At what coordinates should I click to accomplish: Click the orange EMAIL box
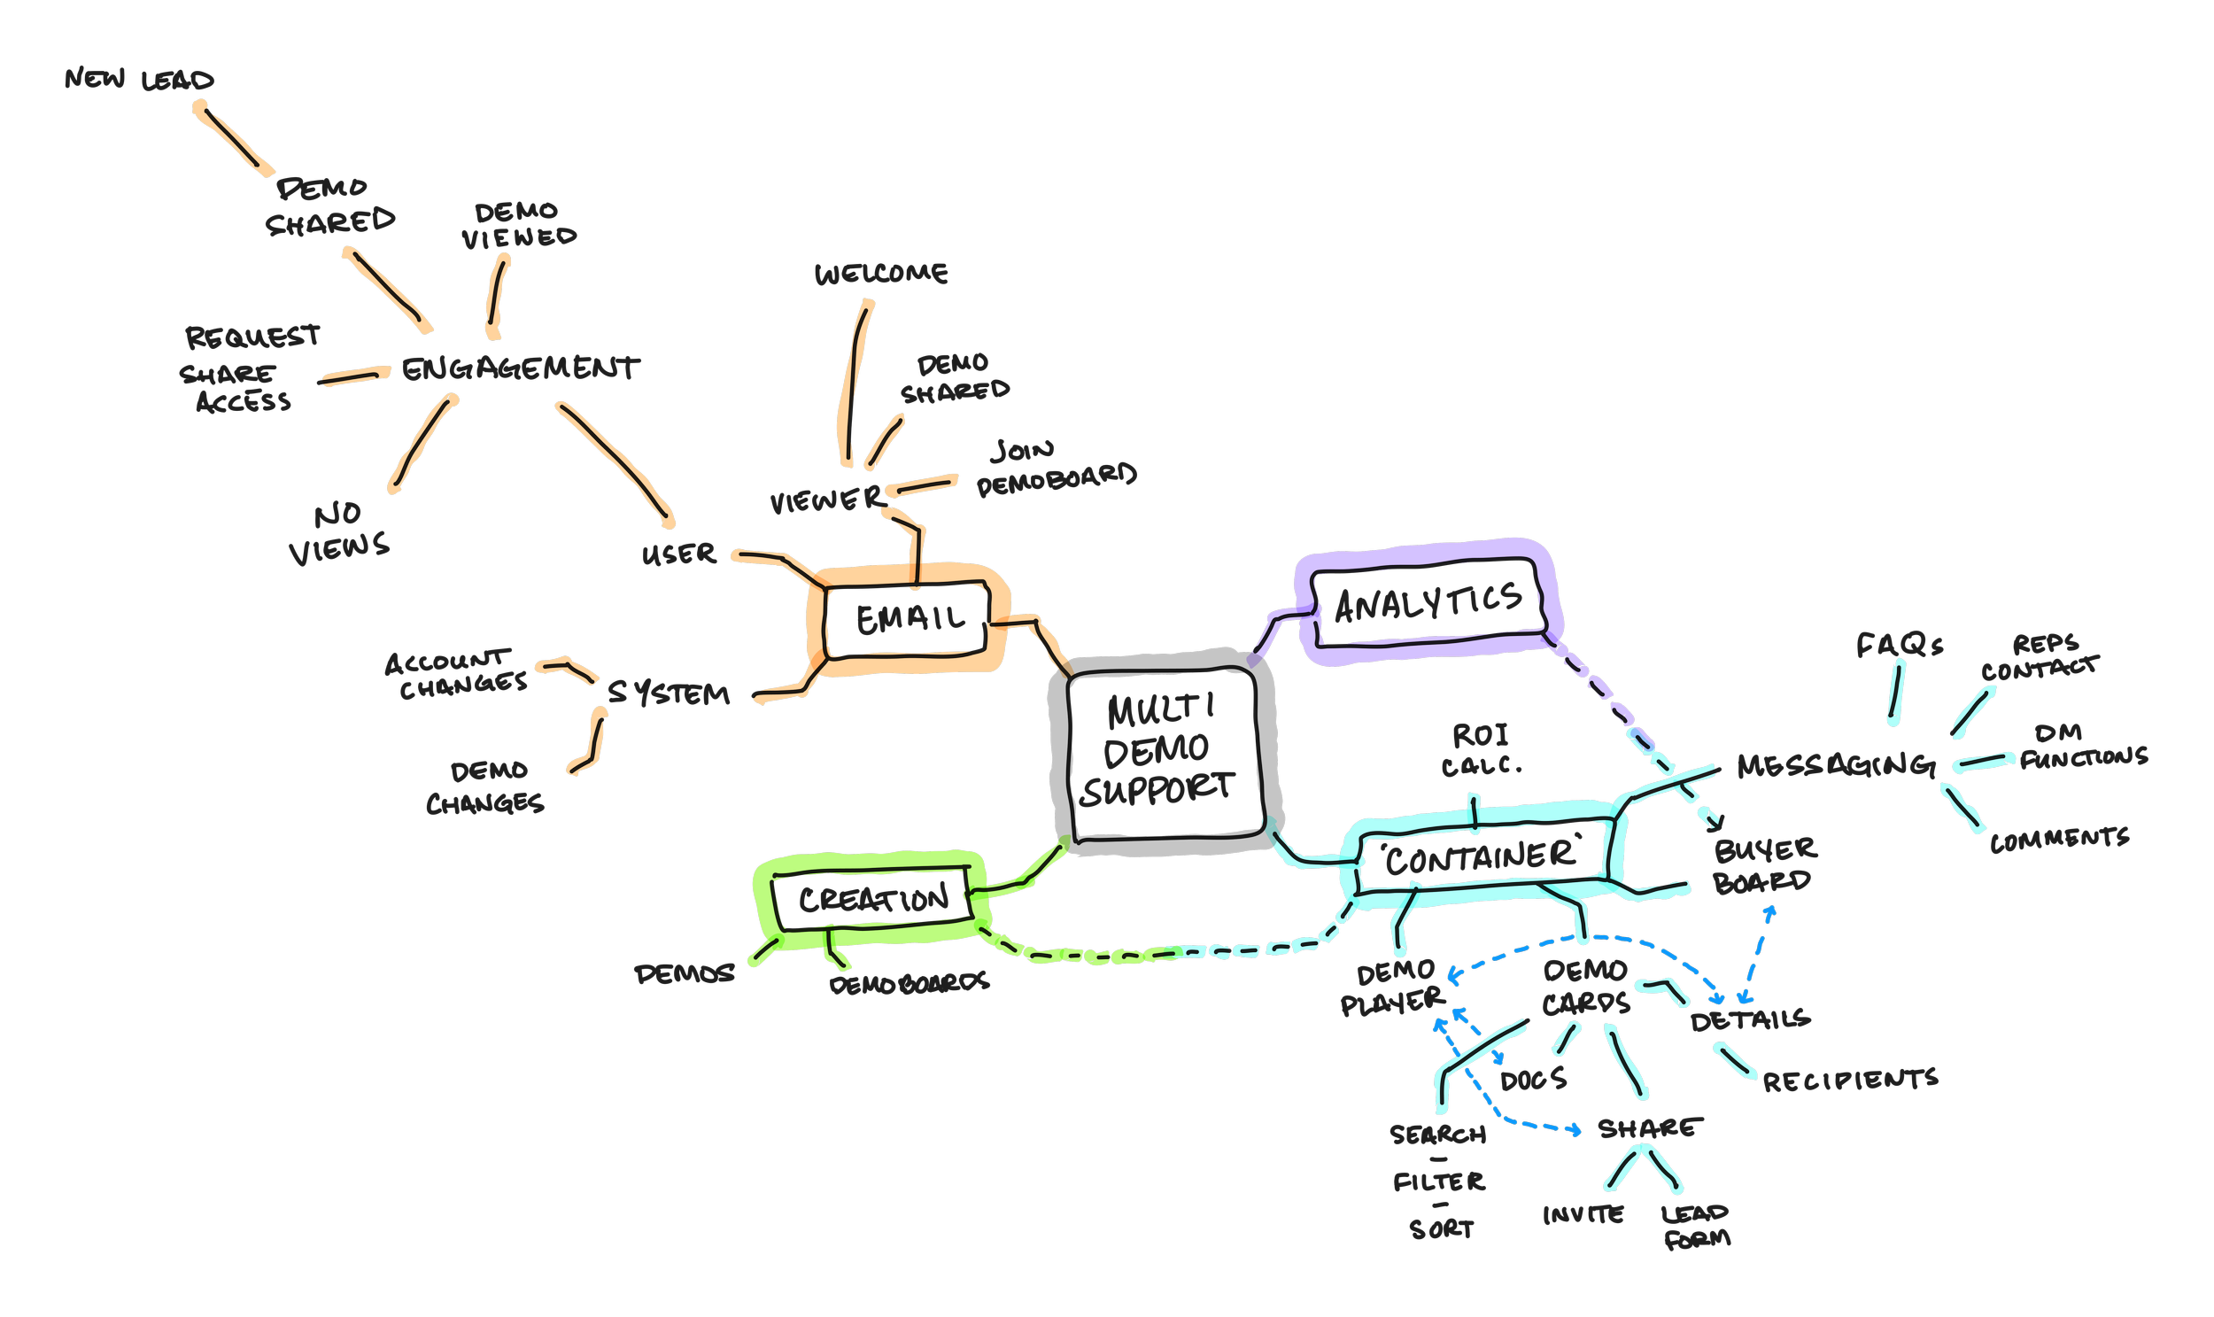(x=909, y=618)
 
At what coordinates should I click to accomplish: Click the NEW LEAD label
(x=140, y=81)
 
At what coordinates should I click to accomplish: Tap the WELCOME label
(x=881, y=275)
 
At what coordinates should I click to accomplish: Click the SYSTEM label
(x=670, y=694)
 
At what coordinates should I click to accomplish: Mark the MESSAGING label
(x=1834, y=765)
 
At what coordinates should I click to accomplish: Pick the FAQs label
(x=1900, y=646)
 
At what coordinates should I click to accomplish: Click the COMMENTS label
(x=2059, y=840)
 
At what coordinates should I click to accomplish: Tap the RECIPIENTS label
(x=1850, y=1080)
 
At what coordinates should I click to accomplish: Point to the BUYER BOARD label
(x=1765, y=865)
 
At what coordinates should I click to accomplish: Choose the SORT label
(x=1442, y=1229)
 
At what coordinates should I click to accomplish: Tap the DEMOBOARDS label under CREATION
(x=909, y=983)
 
